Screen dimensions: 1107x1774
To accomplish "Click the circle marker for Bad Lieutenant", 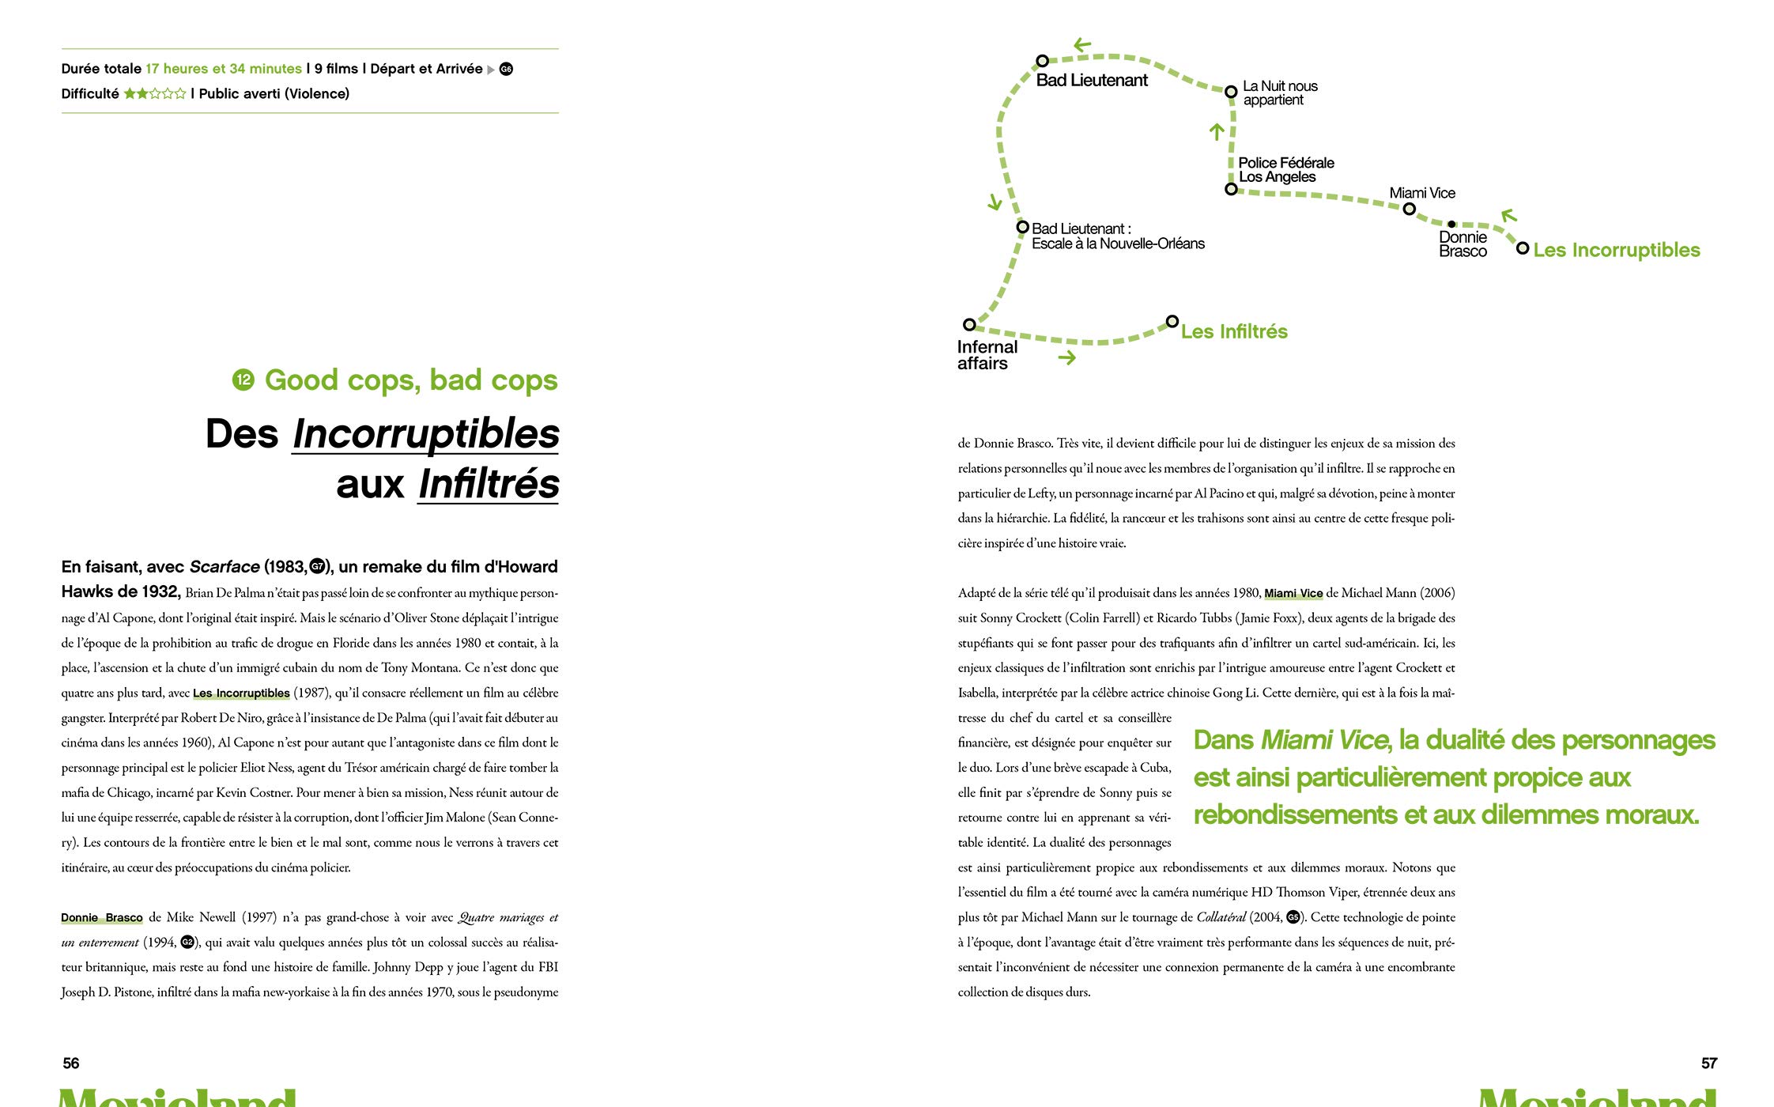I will click(1042, 61).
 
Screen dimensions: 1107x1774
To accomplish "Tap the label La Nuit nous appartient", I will click(1279, 93).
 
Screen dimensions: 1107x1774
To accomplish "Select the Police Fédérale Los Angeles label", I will click(1285, 170).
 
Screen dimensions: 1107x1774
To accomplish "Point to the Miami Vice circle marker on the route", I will click(1409, 210).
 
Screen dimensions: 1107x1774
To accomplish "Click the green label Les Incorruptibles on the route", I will click(1616, 250).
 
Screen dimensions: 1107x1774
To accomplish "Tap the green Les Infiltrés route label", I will click(1234, 331).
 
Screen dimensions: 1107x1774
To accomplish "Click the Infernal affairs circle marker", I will click(969, 324).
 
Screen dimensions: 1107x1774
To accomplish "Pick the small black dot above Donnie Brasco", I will click(1451, 225).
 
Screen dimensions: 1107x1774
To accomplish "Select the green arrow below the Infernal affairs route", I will click(1067, 358).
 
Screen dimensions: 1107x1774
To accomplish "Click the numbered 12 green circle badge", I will click(243, 380).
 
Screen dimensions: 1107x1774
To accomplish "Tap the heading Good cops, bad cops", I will click(411, 380).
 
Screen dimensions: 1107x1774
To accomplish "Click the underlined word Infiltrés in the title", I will click(489, 484).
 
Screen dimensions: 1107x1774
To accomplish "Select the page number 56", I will click(71, 1064).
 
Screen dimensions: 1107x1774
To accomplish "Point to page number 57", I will click(1708, 1064).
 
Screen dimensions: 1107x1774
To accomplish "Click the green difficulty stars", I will click(155, 94).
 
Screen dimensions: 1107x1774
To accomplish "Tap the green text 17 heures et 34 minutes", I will click(224, 69).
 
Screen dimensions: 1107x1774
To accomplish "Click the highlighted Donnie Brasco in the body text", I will click(102, 918).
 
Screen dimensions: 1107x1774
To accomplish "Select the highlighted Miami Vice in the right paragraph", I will click(1293, 593).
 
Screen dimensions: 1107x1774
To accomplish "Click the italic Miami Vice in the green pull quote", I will click(1325, 740).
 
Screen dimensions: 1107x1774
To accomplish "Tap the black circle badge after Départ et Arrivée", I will click(506, 70).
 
